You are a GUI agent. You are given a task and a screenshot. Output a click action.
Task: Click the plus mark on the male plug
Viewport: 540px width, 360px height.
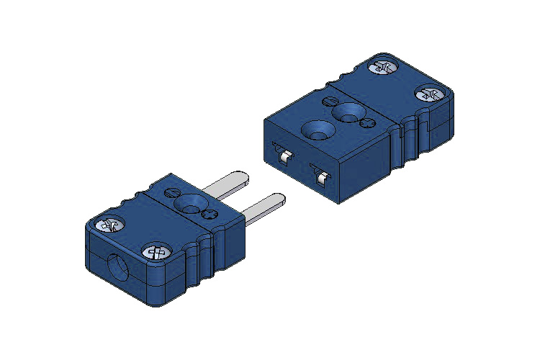tap(209, 214)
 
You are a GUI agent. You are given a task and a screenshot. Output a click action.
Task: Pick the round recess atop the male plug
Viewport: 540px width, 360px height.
tap(191, 203)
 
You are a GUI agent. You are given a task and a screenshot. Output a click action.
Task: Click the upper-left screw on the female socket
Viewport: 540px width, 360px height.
tap(383, 67)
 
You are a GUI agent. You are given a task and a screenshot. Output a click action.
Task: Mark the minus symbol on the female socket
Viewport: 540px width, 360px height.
tap(330, 101)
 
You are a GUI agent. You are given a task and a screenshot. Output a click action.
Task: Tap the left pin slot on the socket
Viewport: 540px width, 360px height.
tap(282, 153)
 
